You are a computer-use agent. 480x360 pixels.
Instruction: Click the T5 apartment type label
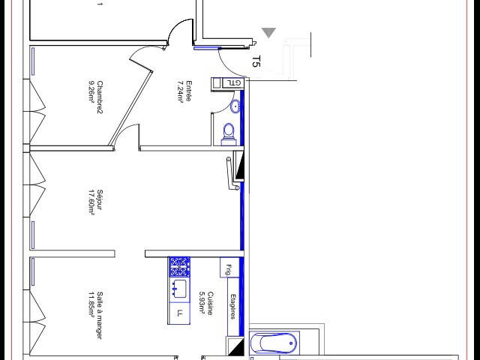256,61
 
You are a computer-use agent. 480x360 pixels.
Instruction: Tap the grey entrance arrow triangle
268,32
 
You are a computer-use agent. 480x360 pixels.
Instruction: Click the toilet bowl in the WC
229,133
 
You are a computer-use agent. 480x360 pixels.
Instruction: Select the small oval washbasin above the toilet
235,106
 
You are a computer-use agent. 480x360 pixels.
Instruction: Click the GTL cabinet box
233,83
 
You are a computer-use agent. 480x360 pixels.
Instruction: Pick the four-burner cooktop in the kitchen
179,265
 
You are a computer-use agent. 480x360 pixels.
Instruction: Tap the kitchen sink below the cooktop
179,287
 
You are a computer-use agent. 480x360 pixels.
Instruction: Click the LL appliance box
179,313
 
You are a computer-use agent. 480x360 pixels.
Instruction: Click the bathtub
273,343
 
